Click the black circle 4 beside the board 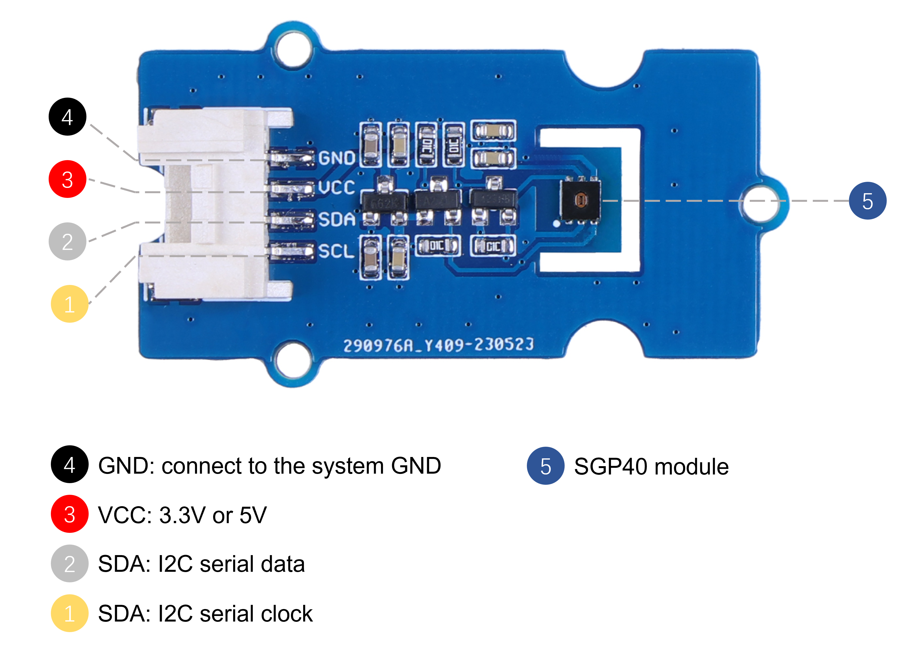click(x=68, y=117)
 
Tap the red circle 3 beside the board click(x=68, y=179)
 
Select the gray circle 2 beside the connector click(x=68, y=242)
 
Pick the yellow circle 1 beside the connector click(x=69, y=304)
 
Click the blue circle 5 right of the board click(x=867, y=201)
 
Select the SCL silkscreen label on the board click(x=336, y=251)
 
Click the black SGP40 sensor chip click(x=580, y=200)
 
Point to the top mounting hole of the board click(x=293, y=49)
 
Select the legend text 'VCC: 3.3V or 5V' click(x=183, y=515)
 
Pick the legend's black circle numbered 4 click(x=69, y=464)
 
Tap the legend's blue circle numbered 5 click(x=545, y=466)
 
